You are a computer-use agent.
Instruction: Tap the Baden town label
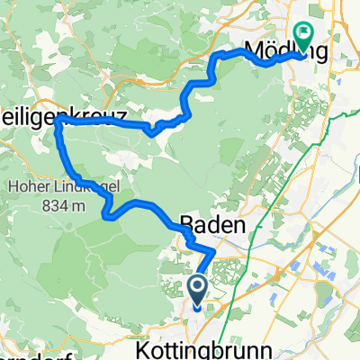(214, 228)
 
